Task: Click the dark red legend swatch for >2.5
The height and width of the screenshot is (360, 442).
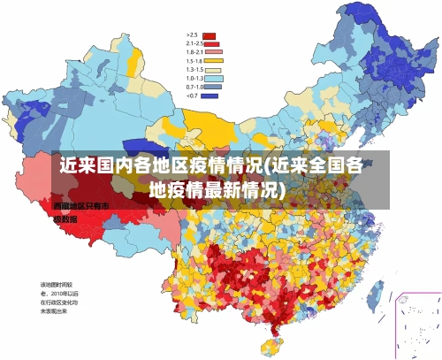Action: (x=210, y=34)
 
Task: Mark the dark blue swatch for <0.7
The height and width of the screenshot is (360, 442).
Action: (x=210, y=96)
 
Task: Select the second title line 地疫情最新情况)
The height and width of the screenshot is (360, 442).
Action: (x=217, y=189)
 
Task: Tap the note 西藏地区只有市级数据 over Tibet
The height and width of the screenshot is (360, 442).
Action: (x=74, y=211)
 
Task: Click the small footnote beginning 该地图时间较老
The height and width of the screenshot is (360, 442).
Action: (x=58, y=298)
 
